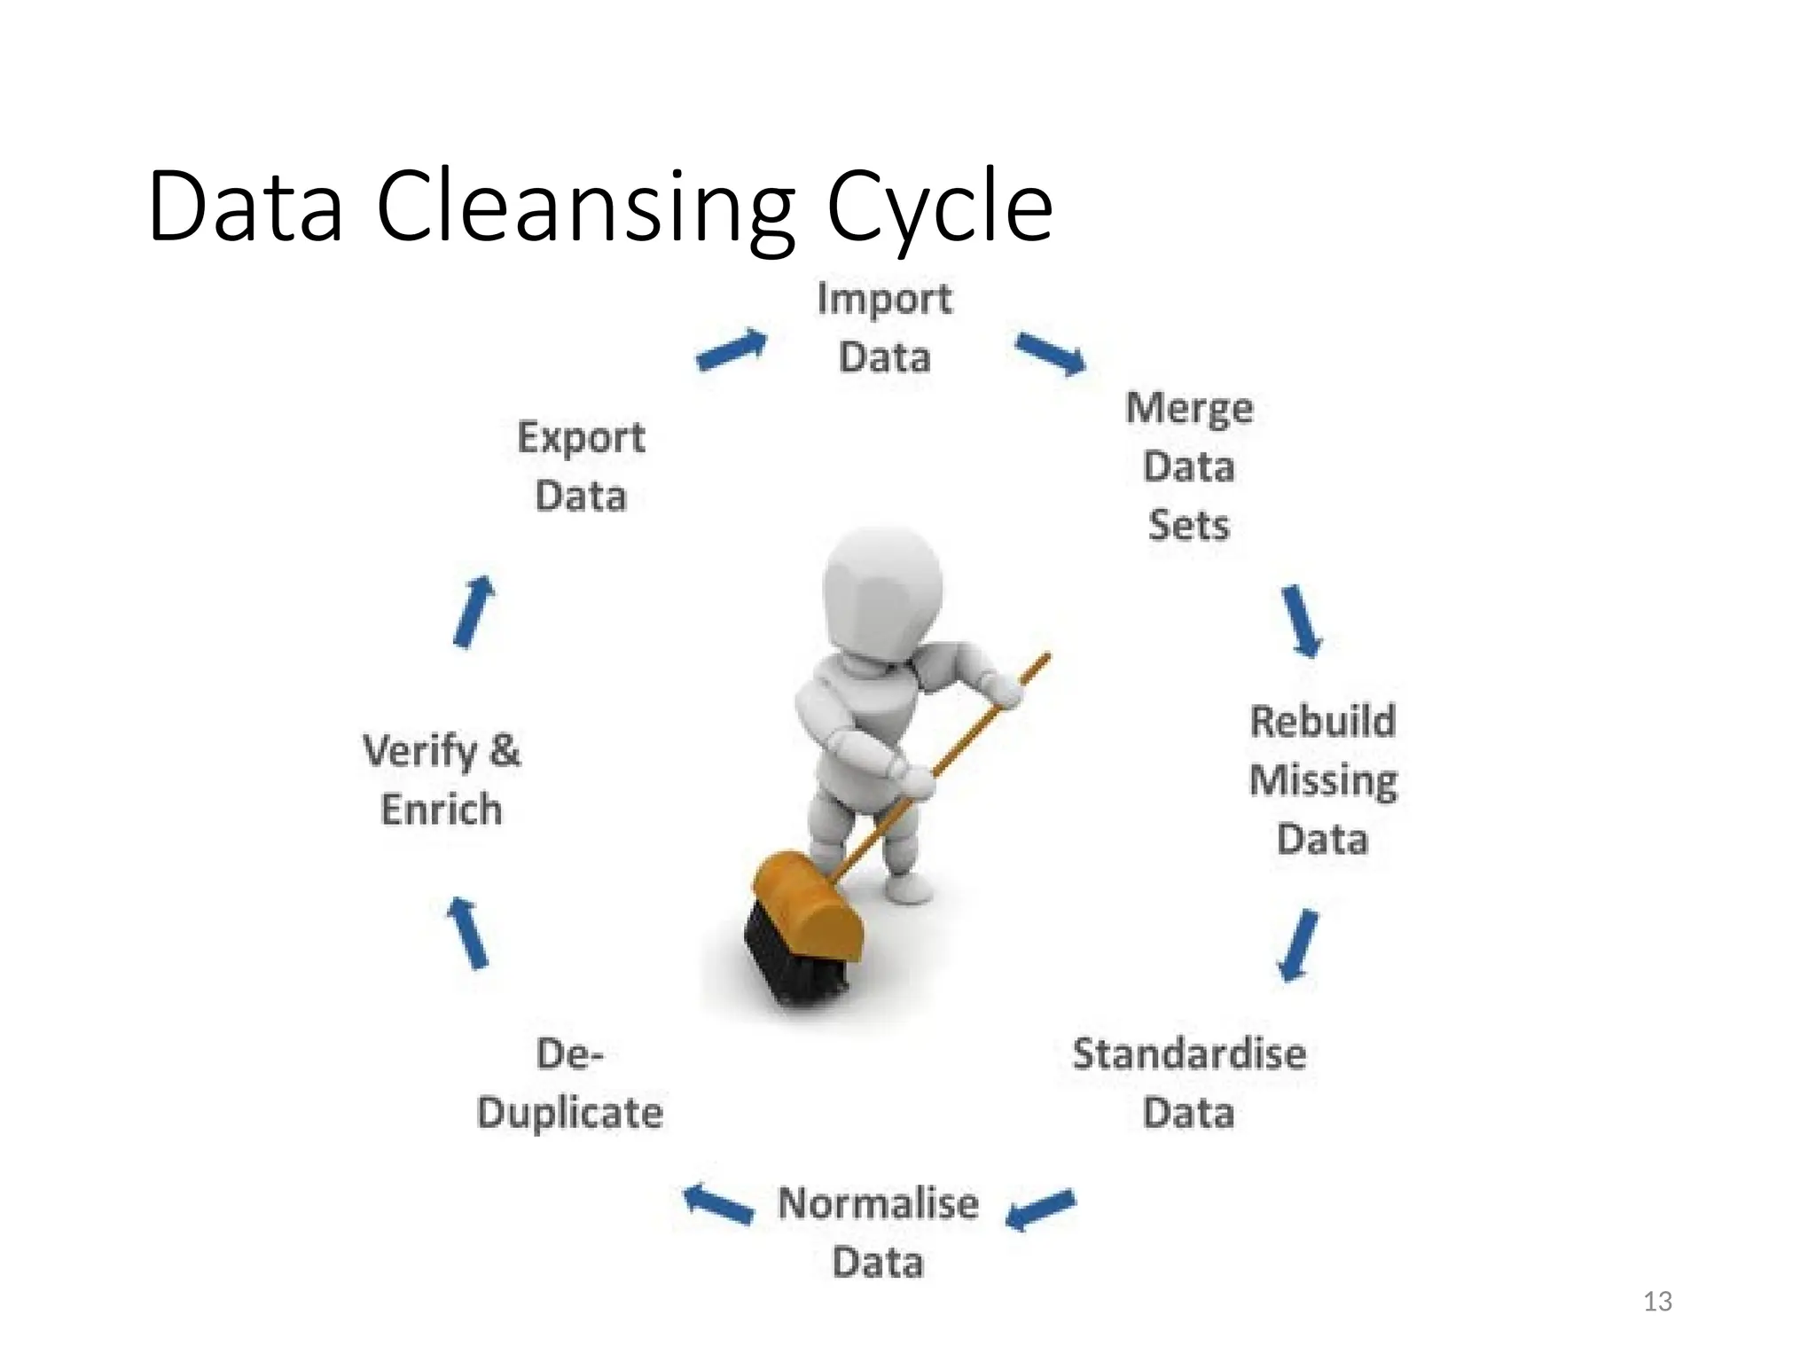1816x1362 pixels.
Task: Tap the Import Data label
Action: coord(884,328)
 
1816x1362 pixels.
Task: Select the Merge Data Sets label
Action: coord(1188,466)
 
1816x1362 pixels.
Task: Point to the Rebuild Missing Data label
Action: coord(1322,780)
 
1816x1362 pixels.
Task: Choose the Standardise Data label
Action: coord(1188,1084)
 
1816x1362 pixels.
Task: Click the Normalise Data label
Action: coord(878,1233)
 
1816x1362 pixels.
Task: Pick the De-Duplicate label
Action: coord(569,1084)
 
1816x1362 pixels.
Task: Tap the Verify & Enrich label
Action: coord(442,780)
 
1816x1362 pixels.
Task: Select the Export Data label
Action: coord(581,466)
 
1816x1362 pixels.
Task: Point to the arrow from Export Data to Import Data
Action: coord(731,349)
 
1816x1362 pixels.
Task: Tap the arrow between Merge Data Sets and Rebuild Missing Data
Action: coord(1302,621)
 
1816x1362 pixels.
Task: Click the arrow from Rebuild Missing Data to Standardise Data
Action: coord(1298,945)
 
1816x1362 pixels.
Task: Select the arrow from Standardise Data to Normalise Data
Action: coord(1041,1209)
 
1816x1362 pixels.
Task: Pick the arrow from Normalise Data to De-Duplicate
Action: coord(718,1204)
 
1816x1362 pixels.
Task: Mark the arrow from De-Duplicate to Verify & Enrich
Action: coord(468,933)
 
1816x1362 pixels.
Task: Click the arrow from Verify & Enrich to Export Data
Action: coord(473,612)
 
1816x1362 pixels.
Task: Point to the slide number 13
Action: coord(1657,1301)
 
